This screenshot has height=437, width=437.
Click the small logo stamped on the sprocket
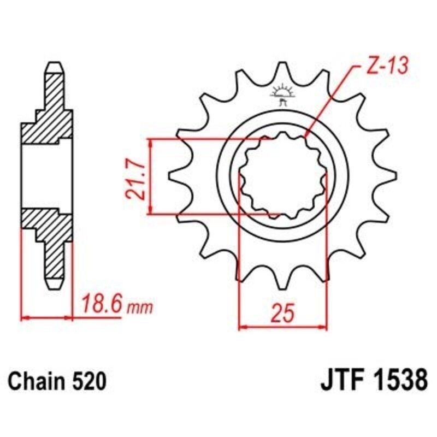coord(282,94)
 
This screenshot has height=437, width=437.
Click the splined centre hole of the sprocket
coord(283,176)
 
